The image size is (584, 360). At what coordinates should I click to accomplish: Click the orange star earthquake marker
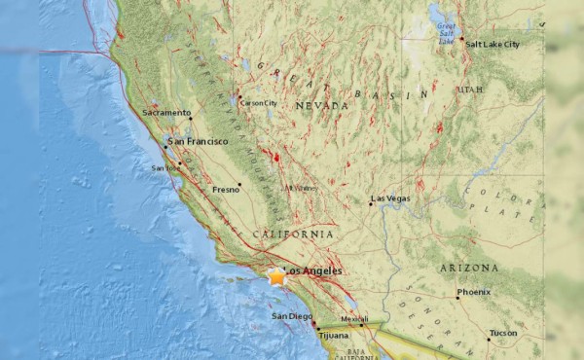point(276,277)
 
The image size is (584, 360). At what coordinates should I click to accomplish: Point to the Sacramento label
point(166,113)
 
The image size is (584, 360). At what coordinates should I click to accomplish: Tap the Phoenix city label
point(473,291)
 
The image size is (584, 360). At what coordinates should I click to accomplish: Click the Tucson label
point(504,333)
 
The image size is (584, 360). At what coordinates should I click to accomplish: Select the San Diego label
point(291,317)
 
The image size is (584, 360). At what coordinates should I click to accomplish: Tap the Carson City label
point(259,103)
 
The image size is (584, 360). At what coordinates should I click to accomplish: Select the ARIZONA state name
point(467,268)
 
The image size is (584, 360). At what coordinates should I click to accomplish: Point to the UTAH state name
point(469,90)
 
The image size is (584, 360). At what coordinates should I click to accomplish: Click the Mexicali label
point(354,319)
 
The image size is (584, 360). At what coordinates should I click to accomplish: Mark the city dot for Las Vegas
point(371,203)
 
